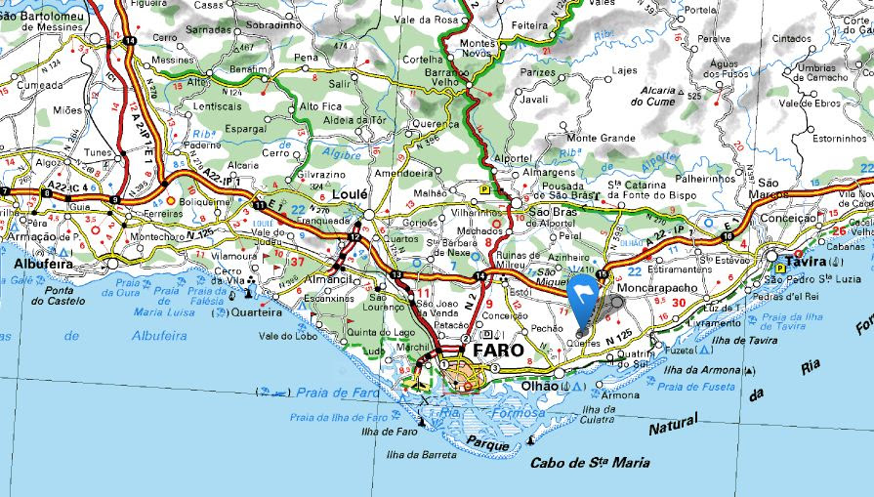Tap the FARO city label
coord(498,349)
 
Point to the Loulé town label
coord(349,194)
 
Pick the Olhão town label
coord(539,387)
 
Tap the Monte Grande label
coord(601,139)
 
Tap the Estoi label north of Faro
coord(518,290)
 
